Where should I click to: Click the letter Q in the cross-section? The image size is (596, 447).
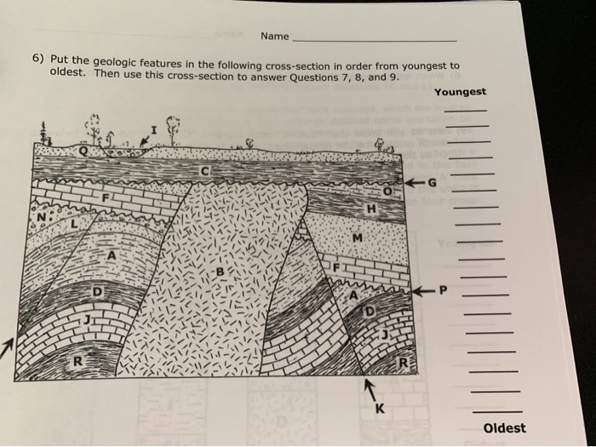(83, 152)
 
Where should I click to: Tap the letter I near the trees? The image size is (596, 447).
(154, 129)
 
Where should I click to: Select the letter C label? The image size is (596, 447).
(203, 173)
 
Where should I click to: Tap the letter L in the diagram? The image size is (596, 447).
(74, 223)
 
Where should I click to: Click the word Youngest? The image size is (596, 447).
(460, 92)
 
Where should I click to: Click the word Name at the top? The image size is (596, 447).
(274, 37)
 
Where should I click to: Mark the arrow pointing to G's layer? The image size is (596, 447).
(417, 182)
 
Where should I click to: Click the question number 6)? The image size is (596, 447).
(38, 60)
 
